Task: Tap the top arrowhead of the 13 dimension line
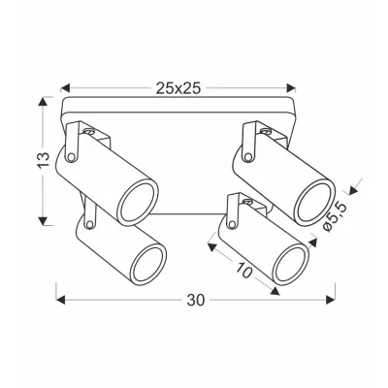(45, 98)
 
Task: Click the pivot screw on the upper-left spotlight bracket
(87, 129)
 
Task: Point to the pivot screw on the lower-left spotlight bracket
(90, 222)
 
